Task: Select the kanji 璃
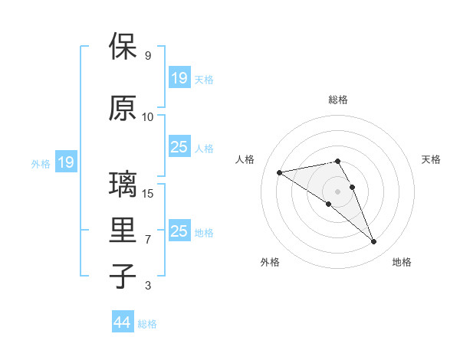(x=123, y=185)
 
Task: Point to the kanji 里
(x=123, y=230)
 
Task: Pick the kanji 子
(x=123, y=275)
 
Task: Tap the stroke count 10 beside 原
(x=147, y=117)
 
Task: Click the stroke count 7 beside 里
(x=147, y=240)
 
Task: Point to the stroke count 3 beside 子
(x=147, y=286)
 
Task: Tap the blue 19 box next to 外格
(x=65, y=162)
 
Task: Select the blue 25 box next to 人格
(x=179, y=147)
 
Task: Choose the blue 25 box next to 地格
(x=179, y=231)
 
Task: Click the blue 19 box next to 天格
(x=179, y=78)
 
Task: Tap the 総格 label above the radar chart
(x=338, y=100)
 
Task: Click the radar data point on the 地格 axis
(x=374, y=242)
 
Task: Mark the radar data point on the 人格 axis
(x=280, y=172)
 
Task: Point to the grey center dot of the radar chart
(x=338, y=191)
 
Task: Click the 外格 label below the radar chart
(x=270, y=262)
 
